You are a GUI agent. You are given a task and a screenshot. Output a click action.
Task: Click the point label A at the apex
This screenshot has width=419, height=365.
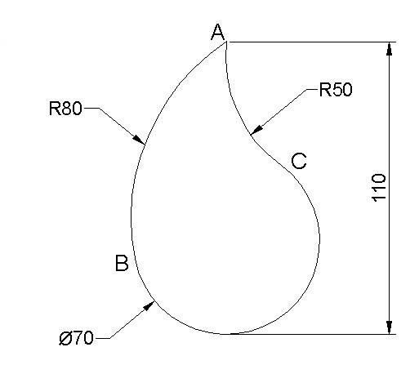tap(218, 32)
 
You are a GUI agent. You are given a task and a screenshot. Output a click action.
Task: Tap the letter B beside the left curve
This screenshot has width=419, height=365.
tap(122, 263)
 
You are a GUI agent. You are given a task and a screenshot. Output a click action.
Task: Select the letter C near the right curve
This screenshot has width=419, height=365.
tap(299, 161)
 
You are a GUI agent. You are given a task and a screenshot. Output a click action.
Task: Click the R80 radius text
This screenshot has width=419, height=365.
tap(65, 108)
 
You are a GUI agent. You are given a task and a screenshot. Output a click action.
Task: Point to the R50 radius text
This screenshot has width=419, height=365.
tap(336, 89)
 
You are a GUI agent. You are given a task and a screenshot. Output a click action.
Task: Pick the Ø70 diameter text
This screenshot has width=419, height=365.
tap(76, 338)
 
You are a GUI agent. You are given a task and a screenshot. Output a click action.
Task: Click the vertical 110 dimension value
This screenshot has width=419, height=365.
tap(379, 188)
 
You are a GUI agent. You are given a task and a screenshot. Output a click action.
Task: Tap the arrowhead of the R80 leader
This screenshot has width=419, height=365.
tap(139, 140)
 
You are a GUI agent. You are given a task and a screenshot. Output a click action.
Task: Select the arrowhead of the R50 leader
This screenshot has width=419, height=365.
tap(256, 129)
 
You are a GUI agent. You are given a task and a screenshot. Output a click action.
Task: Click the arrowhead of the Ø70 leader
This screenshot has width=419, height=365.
tap(149, 306)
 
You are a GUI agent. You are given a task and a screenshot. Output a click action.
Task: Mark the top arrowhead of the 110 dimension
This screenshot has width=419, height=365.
tap(390, 49)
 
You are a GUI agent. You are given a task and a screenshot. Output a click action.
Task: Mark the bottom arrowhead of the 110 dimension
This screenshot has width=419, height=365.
tap(390, 327)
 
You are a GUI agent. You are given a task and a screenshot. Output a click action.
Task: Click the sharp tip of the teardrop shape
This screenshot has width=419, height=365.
tap(226, 42)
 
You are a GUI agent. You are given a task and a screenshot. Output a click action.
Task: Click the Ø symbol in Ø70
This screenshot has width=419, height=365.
tap(65, 338)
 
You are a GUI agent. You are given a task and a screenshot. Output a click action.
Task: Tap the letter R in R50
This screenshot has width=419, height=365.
tap(324, 89)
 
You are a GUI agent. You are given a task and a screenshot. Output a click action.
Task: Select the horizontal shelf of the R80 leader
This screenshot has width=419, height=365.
tap(91, 108)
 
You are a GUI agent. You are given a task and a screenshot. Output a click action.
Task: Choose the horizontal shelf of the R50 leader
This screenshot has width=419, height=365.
tap(312, 89)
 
